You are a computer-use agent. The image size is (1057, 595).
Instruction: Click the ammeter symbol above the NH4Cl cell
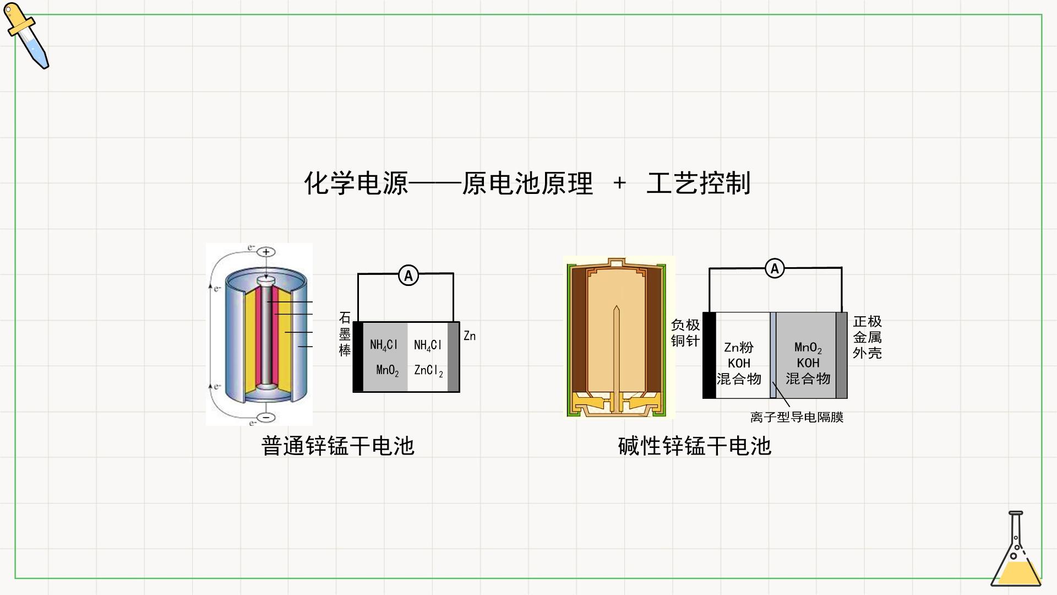[408, 275]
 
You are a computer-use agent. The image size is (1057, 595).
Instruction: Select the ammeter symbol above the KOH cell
[775, 269]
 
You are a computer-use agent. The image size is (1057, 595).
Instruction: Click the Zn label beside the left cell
[470, 336]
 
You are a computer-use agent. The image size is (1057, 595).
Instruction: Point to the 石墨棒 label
[345, 334]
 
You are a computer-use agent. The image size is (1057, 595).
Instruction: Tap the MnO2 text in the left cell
[388, 370]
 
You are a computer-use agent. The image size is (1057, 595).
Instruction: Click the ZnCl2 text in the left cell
[428, 370]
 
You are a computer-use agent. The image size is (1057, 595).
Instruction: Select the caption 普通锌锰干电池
[337, 446]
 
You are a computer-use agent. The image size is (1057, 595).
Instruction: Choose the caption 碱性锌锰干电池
[694, 446]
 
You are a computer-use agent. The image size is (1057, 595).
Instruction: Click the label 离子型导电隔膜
[797, 417]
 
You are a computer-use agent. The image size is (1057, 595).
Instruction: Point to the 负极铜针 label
[685, 333]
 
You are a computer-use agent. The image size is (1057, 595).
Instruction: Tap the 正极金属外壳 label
[867, 337]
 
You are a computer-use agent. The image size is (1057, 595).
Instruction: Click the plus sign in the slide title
[619, 183]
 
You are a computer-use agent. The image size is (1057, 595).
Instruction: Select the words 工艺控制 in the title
[698, 183]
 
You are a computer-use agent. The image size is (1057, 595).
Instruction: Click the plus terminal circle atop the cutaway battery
[266, 252]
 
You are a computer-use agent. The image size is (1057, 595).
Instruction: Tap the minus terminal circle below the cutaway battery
[266, 417]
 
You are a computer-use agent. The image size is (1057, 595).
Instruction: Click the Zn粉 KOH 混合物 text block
[739, 363]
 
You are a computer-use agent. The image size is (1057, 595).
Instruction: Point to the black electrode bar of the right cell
[709, 355]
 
